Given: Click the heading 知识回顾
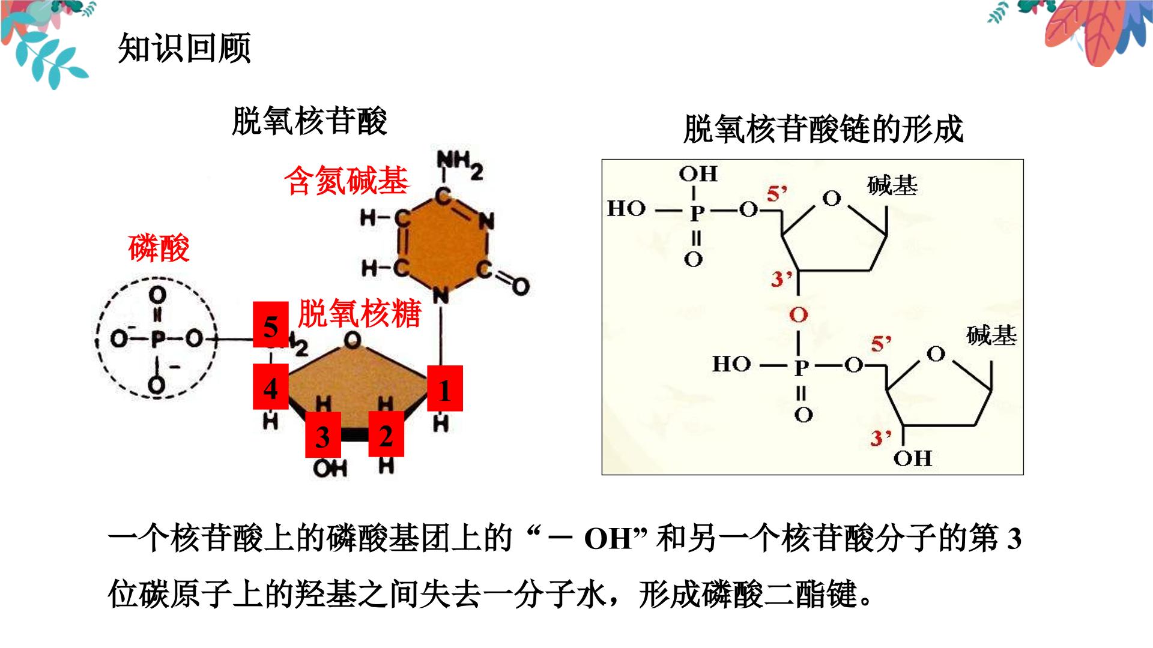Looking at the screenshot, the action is pyautogui.click(x=184, y=48).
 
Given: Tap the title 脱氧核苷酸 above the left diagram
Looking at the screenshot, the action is pyautogui.click(x=309, y=122).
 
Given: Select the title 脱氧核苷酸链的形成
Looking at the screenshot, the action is pyautogui.click(x=823, y=130).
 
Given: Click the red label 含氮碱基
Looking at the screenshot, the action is pyautogui.click(x=347, y=181).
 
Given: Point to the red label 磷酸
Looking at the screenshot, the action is pyautogui.click(x=159, y=248).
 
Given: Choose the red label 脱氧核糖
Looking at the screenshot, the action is pyautogui.click(x=360, y=313).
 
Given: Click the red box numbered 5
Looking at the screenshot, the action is pyautogui.click(x=271, y=325).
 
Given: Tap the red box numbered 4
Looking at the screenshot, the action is pyautogui.click(x=271, y=386).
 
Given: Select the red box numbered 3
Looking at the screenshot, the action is pyautogui.click(x=323, y=435).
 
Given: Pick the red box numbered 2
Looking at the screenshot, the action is pyautogui.click(x=386, y=434).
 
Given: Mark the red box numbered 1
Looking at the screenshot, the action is pyautogui.click(x=444, y=388).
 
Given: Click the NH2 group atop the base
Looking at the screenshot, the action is pyautogui.click(x=459, y=164).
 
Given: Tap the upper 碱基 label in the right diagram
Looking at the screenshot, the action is pyautogui.click(x=892, y=186).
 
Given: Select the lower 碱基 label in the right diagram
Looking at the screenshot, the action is pyautogui.click(x=991, y=335).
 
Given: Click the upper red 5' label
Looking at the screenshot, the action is pyautogui.click(x=776, y=194).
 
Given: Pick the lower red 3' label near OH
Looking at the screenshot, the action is pyautogui.click(x=882, y=437).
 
